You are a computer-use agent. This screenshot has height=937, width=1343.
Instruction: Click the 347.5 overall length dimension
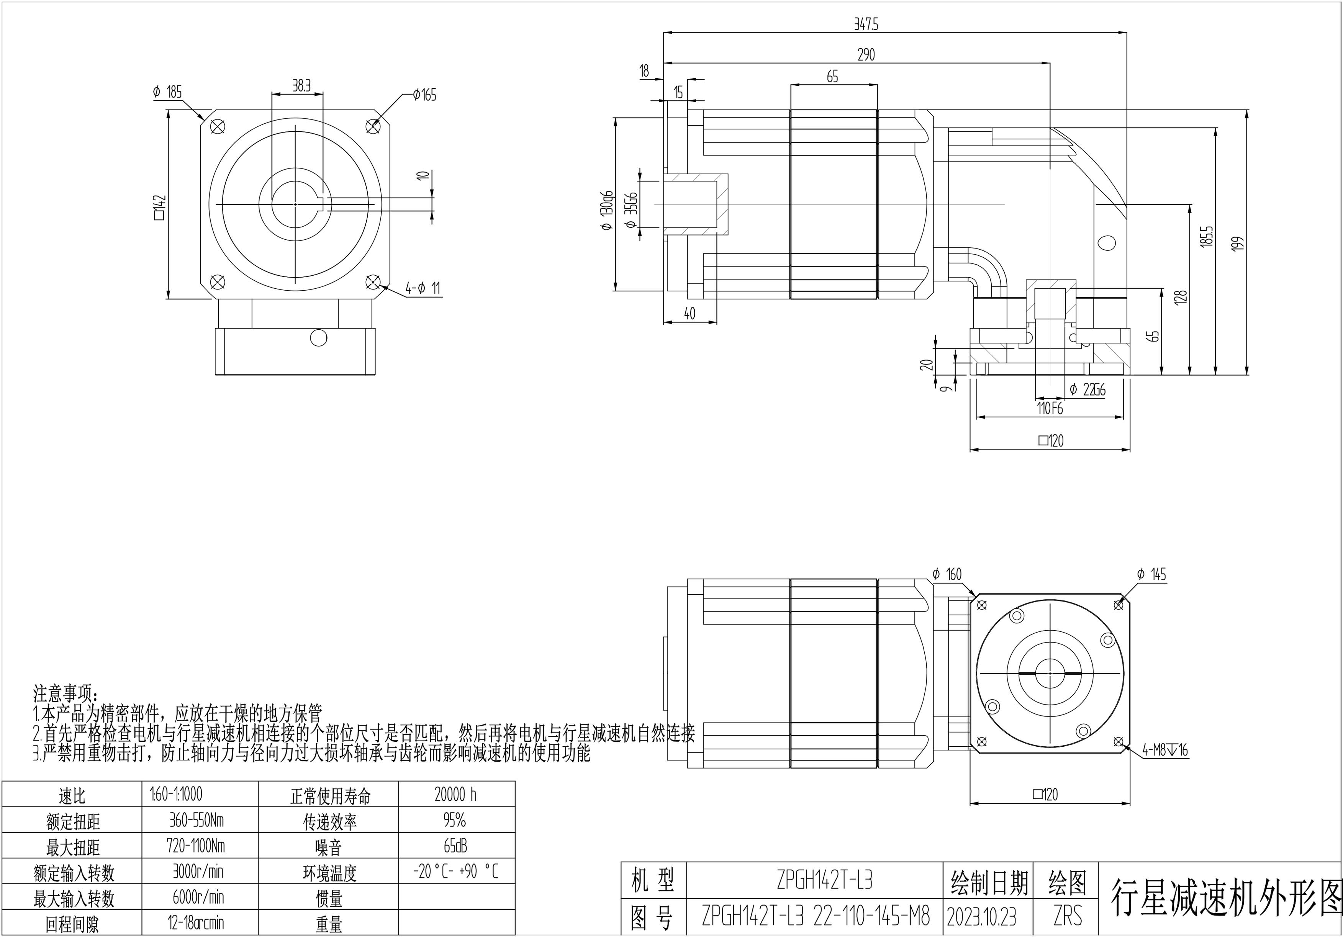[x=866, y=24]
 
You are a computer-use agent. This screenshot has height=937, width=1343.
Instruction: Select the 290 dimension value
[x=866, y=55]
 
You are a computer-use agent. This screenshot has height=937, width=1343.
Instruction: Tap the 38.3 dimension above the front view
[x=301, y=86]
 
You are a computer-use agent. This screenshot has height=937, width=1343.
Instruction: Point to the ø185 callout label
[x=168, y=92]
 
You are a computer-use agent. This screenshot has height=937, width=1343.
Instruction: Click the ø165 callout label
[x=425, y=95]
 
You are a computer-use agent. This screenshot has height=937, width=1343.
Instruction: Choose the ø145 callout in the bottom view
[x=1151, y=574]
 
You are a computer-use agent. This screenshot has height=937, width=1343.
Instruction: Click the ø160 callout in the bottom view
[x=947, y=574]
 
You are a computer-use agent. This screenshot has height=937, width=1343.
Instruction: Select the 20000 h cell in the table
[x=456, y=794]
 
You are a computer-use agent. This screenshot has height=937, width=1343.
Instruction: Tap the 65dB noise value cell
[x=456, y=846]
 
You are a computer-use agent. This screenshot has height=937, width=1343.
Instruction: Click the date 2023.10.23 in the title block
[x=981, y=917]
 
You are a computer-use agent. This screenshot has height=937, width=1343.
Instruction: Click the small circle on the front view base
[x=318, y=338]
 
